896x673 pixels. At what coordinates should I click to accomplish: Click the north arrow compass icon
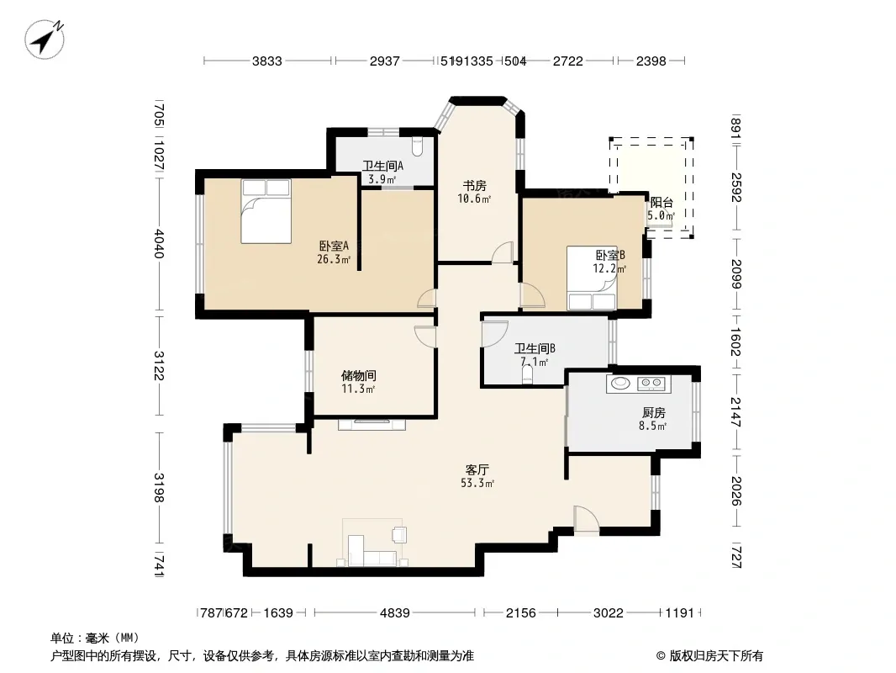click(44, 39)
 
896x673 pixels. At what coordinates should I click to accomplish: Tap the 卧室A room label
click(334, 246)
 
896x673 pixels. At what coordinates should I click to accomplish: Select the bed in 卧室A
click(266, 211)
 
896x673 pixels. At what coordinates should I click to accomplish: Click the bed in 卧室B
click(592, 278)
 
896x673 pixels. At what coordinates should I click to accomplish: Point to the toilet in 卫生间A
click(417, 146)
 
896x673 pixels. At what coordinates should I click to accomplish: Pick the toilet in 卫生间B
click(527, 374)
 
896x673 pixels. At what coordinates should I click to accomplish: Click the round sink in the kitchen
click(620, 383)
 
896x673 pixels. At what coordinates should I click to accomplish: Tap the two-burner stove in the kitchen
click(651, 383)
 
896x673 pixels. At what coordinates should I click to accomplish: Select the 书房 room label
click(474, 186)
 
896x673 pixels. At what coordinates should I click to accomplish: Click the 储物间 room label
click(358, 376)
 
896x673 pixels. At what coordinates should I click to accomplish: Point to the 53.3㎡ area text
click(477, 483)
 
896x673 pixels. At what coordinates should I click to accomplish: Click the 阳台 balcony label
click(661, 203)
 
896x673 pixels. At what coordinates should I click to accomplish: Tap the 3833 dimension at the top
click(267, 61)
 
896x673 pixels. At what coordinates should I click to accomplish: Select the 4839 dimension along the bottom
click(395, 613)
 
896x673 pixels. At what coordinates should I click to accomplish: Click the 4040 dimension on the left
click(159, 244)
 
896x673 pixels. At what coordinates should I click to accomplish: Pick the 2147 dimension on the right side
click(735, 412)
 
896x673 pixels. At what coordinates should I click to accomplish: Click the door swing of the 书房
click(503, 252)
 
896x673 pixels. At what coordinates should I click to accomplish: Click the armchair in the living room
click(399, 535)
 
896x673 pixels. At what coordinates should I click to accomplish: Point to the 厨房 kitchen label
click(654, 412)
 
